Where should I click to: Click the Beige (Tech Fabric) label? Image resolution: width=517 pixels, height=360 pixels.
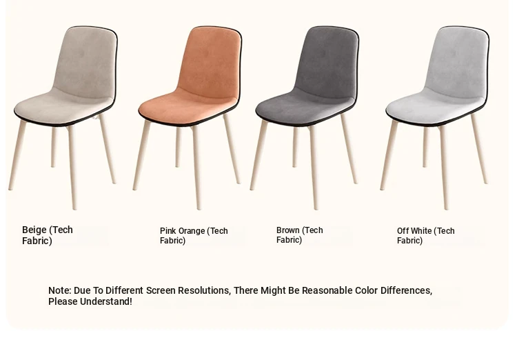[x=48, y=235]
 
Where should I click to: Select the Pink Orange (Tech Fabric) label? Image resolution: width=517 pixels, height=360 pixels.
[x=194, y=236]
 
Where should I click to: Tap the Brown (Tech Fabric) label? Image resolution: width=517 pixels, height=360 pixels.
[x=300, y=235]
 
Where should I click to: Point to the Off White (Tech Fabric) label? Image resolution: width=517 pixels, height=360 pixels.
[x=426, y=236]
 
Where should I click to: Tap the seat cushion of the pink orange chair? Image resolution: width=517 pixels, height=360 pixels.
[x=188, y=106]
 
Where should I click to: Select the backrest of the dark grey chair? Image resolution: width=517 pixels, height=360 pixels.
[x=327, y=61]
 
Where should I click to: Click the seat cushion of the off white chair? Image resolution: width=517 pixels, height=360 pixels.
[x=435, y=106]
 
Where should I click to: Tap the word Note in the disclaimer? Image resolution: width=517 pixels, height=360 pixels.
[x=60, y=290]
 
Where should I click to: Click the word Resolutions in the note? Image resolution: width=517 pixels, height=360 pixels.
[x=204, y=290]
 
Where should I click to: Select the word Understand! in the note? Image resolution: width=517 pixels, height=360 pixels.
[x=106, y=301]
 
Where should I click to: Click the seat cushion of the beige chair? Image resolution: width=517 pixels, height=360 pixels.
[x=63, y=106]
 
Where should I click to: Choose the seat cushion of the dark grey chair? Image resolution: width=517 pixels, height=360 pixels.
[x=305, y=106]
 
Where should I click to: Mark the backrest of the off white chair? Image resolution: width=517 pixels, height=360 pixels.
[x=458, y=61]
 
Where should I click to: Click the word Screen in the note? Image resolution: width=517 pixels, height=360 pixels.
[x=161, y=290]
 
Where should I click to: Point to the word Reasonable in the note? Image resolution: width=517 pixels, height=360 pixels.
[x=327, y=290]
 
